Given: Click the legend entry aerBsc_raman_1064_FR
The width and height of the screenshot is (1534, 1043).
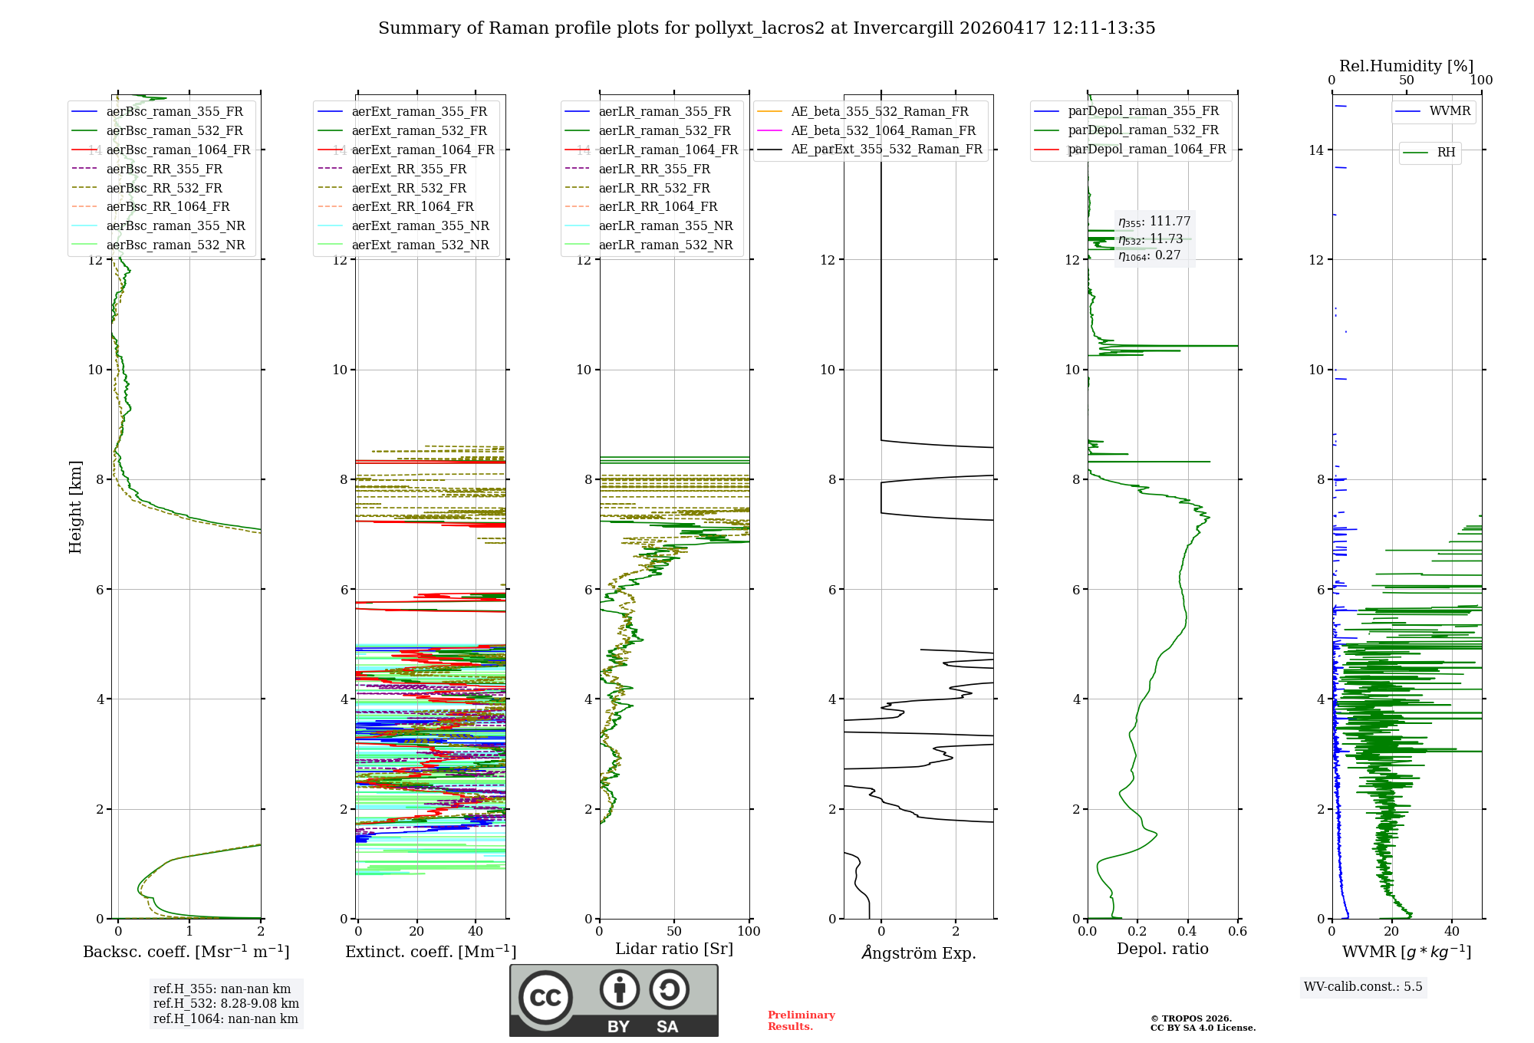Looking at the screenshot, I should point(178,150).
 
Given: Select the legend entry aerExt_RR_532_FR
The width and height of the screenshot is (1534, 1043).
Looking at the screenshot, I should point(409,188).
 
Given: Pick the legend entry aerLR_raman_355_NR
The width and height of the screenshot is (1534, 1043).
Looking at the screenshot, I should point(665,225).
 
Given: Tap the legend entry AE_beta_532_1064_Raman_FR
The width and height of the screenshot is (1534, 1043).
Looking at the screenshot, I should point(883,130).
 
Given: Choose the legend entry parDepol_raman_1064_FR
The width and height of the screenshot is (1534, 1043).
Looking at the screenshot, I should point(1147,149).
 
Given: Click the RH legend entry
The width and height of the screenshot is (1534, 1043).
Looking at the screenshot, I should point(1446,153).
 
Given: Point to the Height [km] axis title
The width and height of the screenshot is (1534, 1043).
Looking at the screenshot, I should point(75,506).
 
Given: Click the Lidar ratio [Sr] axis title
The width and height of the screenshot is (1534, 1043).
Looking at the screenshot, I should point(673,949).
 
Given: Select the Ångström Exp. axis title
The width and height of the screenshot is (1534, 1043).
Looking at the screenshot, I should point(918,953).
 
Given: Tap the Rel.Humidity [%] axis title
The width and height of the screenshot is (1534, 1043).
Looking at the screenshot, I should point(1406,66).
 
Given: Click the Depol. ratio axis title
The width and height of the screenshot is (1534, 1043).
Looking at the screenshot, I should point(1162,949).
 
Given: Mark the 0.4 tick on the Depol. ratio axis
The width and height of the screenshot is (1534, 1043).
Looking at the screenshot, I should point(1187,931).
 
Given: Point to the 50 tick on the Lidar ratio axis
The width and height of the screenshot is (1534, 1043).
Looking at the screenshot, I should point(674,931).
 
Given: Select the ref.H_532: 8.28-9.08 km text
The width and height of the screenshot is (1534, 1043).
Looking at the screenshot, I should point(225,1003).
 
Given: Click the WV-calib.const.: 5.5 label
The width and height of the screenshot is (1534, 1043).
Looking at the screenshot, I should point(1363,986).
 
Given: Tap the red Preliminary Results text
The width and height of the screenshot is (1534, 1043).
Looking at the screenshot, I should point(801,1020).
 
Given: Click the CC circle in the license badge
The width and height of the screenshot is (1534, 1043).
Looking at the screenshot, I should point(545,998).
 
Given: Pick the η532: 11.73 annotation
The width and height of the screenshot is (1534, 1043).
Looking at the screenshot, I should point(1150,239).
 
